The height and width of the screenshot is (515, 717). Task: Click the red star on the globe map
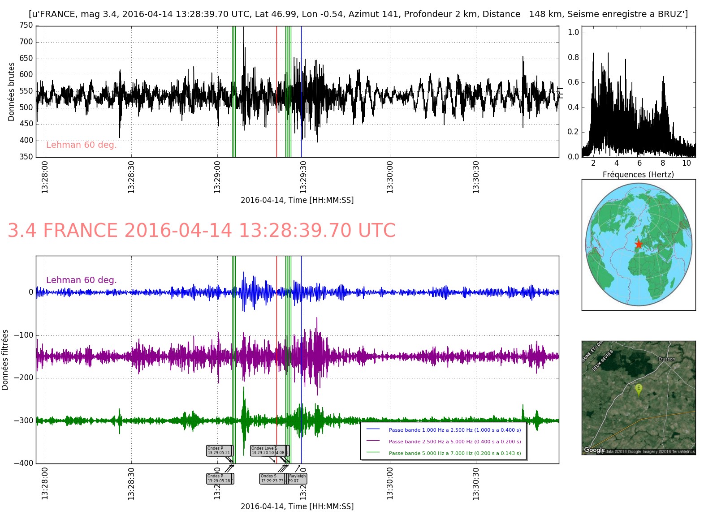click(x=639, y=244)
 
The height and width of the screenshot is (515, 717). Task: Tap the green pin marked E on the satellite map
click(x=639, y=389)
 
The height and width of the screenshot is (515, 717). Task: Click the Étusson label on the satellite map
click(x=666, y=359)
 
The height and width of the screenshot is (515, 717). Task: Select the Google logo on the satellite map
click(x=594, y=450)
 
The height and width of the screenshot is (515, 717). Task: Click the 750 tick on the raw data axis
click(x=26, y=26)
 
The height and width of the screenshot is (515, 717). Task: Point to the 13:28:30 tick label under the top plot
click(x=131, y=177)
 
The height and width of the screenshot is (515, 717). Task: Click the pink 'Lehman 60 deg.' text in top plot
click(x=81, y=145)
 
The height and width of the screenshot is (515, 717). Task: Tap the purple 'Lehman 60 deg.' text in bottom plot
click(x=81, y=280)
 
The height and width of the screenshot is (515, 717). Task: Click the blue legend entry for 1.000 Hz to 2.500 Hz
click(x=454, y=430)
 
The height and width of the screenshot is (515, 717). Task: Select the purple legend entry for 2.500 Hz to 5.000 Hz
click(x=454, y=442)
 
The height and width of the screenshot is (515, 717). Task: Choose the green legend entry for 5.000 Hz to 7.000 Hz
click(x=454, y=453)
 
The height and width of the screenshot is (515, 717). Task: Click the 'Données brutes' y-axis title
click(x=12, y=91)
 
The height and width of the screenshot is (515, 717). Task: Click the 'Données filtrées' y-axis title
click(x=5, y=360)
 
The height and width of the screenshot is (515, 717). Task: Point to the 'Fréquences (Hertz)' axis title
click(x=638, y=175)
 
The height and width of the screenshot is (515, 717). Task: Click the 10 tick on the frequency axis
click(x=686, y=163)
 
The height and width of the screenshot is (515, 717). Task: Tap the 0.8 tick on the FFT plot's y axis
click(x=574, y=57)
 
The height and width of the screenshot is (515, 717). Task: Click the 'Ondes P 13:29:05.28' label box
click(x=219, y=479)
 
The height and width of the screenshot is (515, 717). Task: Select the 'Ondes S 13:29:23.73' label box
click(x=272, y=479)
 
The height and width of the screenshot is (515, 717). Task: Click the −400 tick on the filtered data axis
click(x=25, y=463)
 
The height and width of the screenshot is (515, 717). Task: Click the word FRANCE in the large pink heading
click(x=80, y=231)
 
